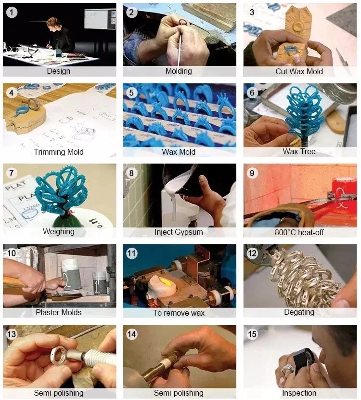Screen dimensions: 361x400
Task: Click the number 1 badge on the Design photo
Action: [12, 13]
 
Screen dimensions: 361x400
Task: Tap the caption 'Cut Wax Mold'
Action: [299, 71]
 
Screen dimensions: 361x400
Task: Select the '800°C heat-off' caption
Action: [299, 232]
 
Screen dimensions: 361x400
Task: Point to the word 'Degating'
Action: [299, 312]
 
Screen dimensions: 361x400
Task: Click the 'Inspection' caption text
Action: [299, 393]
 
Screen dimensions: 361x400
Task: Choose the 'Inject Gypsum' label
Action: [179, 232]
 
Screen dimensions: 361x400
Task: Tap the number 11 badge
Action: [131, 253]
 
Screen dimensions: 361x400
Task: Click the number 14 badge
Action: [131, 334]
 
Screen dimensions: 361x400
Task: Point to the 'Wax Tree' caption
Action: [299, 151]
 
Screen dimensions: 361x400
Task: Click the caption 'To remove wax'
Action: [179, 313]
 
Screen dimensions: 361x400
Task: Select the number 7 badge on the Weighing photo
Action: [11, 173]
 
